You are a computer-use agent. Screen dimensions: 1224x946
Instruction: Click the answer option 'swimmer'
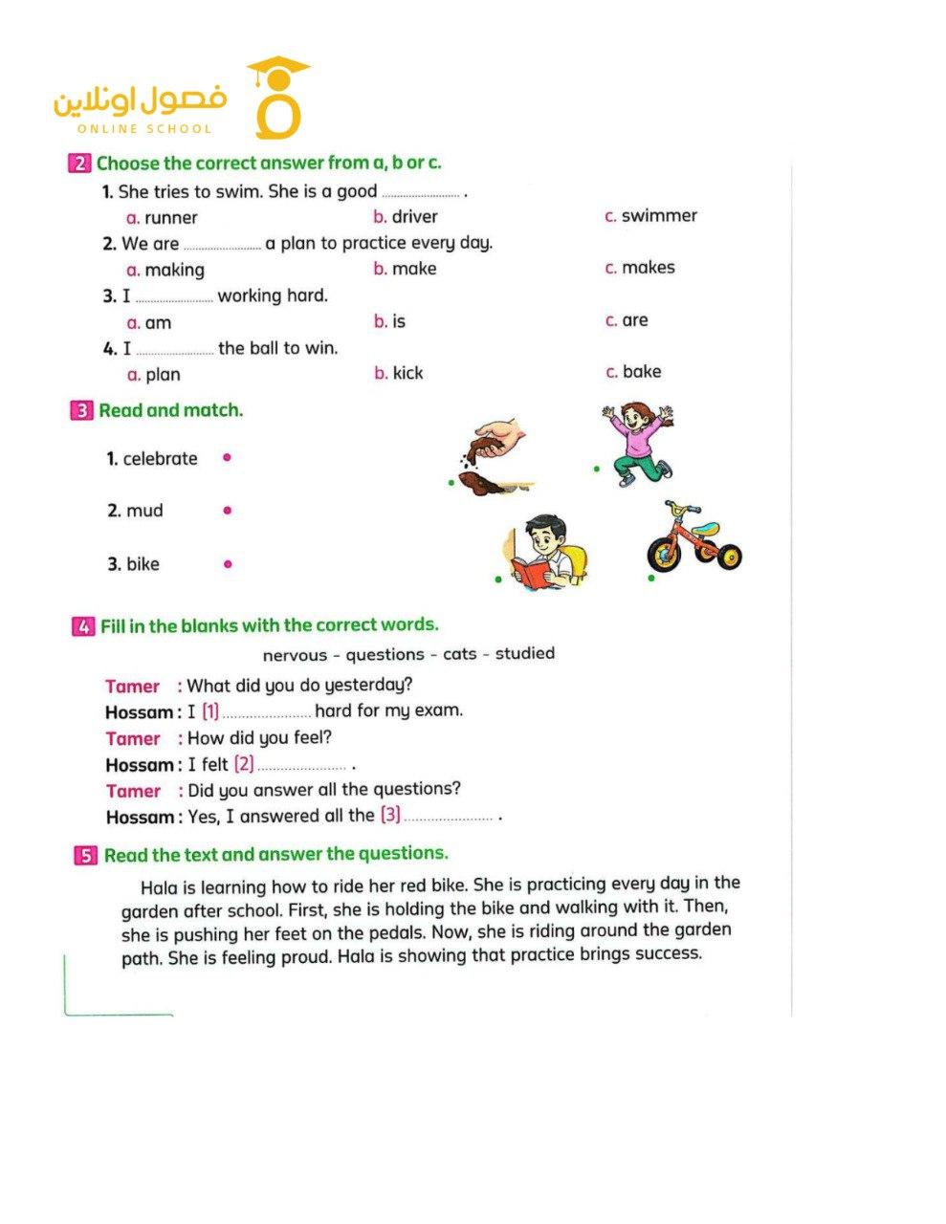pyautogui.click(x=658, y=216)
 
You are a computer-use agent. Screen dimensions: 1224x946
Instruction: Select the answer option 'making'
pyautogui.click(x=174, y=271)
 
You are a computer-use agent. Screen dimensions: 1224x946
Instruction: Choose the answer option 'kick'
pyautogui.click(x=407, y=373)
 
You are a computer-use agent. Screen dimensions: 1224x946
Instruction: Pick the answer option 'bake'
pyautogui.click(x=641, y=372)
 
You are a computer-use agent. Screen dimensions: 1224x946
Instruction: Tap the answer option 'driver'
pyautogui.click(x=414, y=217)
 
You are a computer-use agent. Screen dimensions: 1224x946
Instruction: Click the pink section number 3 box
pyautogui.click(x=81, y=411)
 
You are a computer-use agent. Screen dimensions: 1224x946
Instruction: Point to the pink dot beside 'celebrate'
pyautogui.click(x=227, y=457)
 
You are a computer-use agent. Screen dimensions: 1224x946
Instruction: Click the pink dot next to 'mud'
pyautogui.click(x=227, y=511)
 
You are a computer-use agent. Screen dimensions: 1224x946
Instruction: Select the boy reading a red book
pyautogui.click(x=542, y=552)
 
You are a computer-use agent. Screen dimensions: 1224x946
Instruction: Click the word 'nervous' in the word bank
pyautogui.click(x=291, y=655)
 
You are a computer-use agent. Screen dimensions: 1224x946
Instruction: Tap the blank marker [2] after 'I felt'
pyautogui.click(x=244, y=764)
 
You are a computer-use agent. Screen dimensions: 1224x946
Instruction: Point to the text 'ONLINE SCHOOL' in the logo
pyautogui.click(x=144, y=128)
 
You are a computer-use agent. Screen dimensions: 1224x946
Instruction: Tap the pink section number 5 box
pyautogui.click(x=86, y=855)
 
